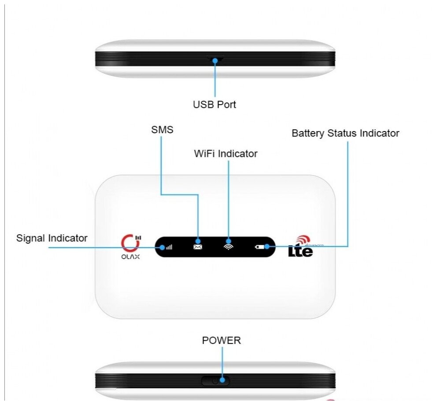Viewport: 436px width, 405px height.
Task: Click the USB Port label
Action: (214, 105)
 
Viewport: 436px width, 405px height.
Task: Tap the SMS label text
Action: (162, 130)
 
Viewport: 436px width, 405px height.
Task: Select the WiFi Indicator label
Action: (225, 154)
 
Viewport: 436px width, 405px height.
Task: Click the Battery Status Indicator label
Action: (345, 133)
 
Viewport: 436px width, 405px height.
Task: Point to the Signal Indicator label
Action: (52, 238)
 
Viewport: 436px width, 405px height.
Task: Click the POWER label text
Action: (221, 340)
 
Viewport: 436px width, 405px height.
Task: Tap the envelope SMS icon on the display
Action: (197, 247)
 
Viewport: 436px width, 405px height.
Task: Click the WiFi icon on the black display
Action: (228, 247)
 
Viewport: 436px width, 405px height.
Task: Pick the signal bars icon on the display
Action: (169, 247)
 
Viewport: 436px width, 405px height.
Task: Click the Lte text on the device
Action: (300, 251)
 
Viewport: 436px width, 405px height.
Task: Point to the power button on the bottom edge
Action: (215, 380)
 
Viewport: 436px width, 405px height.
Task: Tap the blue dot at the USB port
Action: (215, 61)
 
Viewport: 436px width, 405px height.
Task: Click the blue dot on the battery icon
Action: (267, 247)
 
